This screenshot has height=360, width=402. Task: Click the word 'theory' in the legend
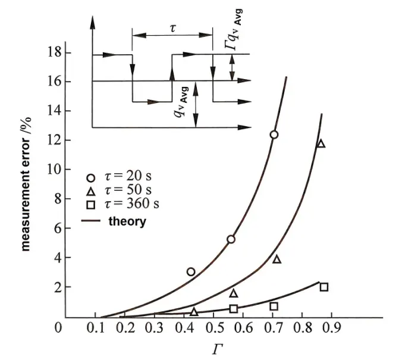coord(127,221)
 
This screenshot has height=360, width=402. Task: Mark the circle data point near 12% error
coord(274,134)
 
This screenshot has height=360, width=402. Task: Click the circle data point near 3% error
coord(191,272)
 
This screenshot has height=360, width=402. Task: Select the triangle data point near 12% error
coord(321,143)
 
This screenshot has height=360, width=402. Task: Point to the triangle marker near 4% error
coord(277,259)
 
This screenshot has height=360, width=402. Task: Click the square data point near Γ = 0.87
coord(324,287)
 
